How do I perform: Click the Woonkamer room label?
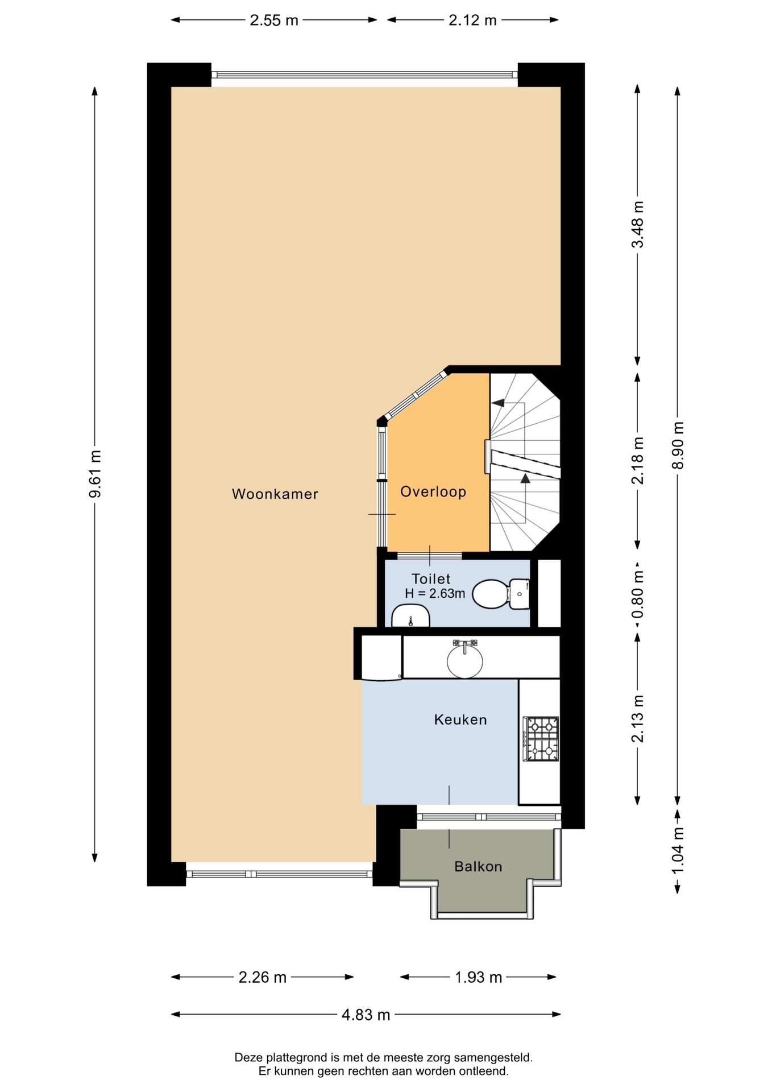click(275, 494)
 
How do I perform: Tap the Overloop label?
click(433, 491)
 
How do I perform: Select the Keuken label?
click(460, 719)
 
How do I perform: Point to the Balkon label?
click(478, 866)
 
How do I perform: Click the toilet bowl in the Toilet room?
click(500, 594)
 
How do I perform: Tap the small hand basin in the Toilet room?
click(410, 615)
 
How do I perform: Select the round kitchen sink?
click(464, 659)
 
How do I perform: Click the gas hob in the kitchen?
click(541, 739)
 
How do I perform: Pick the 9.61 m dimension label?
click(95, 474)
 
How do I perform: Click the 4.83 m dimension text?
click(366, 1014)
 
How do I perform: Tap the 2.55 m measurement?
click(274, 20)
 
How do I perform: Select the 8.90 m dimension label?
click(677, 445)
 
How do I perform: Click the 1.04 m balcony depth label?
click(677, 851)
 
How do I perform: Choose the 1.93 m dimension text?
click(478, 977)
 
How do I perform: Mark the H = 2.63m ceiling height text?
click(435, 593)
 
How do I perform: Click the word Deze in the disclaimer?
click(247, 1057)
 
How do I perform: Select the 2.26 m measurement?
click(262, 977)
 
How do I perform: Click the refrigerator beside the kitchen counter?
click(382, 657)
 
